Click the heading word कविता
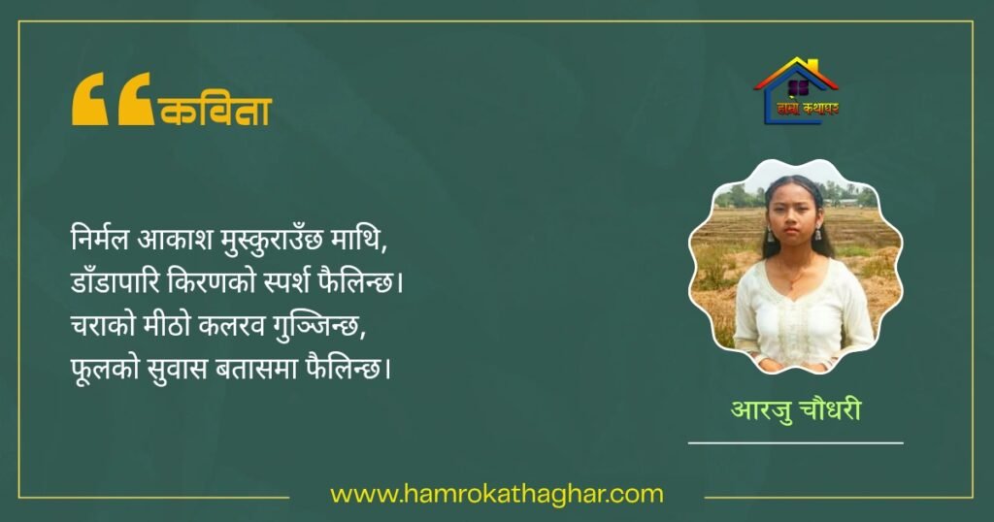click(216, 111)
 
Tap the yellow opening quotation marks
click(113, 99)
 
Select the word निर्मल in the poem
click(100, 239)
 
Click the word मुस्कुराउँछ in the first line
click(272, 241)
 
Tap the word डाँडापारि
click(116, 281)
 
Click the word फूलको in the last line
click(105, 369)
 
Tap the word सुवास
click(177, 369)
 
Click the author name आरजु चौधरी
click(796, 409)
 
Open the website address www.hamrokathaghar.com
click(497, 494)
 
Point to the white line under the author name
click(796, 442)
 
